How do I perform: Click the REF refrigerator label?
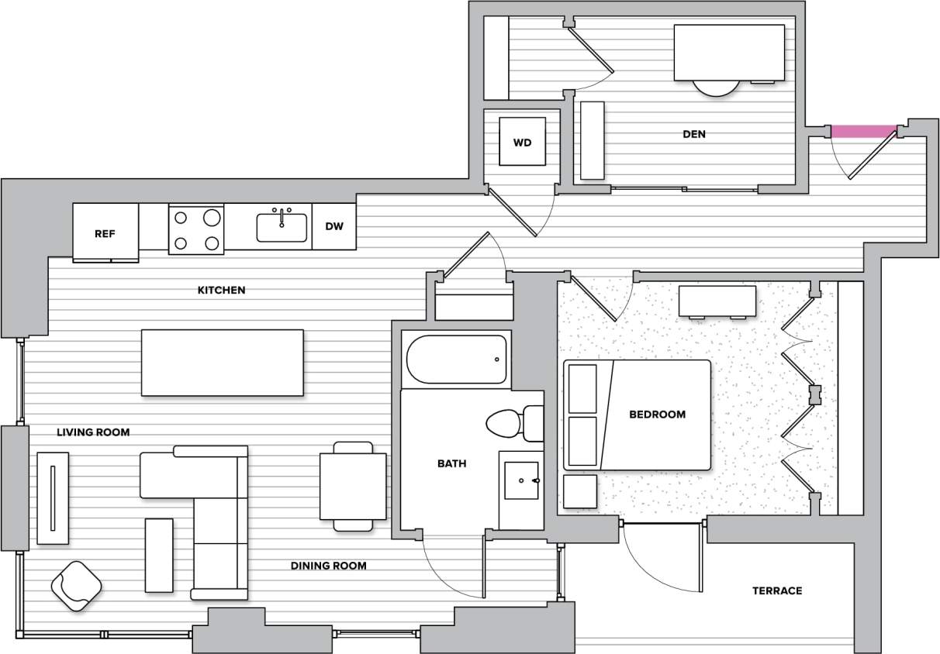105,233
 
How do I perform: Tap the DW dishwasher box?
334,226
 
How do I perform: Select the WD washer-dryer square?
522,142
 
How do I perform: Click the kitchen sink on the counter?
282,226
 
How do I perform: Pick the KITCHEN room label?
222,290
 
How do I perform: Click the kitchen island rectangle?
222,362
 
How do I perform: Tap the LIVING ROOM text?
93,432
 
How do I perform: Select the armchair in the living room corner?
76,586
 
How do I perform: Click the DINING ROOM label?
328,566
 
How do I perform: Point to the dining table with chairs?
353,486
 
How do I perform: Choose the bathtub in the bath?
456,360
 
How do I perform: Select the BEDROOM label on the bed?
657,415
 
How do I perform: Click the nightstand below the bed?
580,491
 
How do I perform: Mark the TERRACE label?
777,590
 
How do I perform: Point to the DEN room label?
694,134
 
